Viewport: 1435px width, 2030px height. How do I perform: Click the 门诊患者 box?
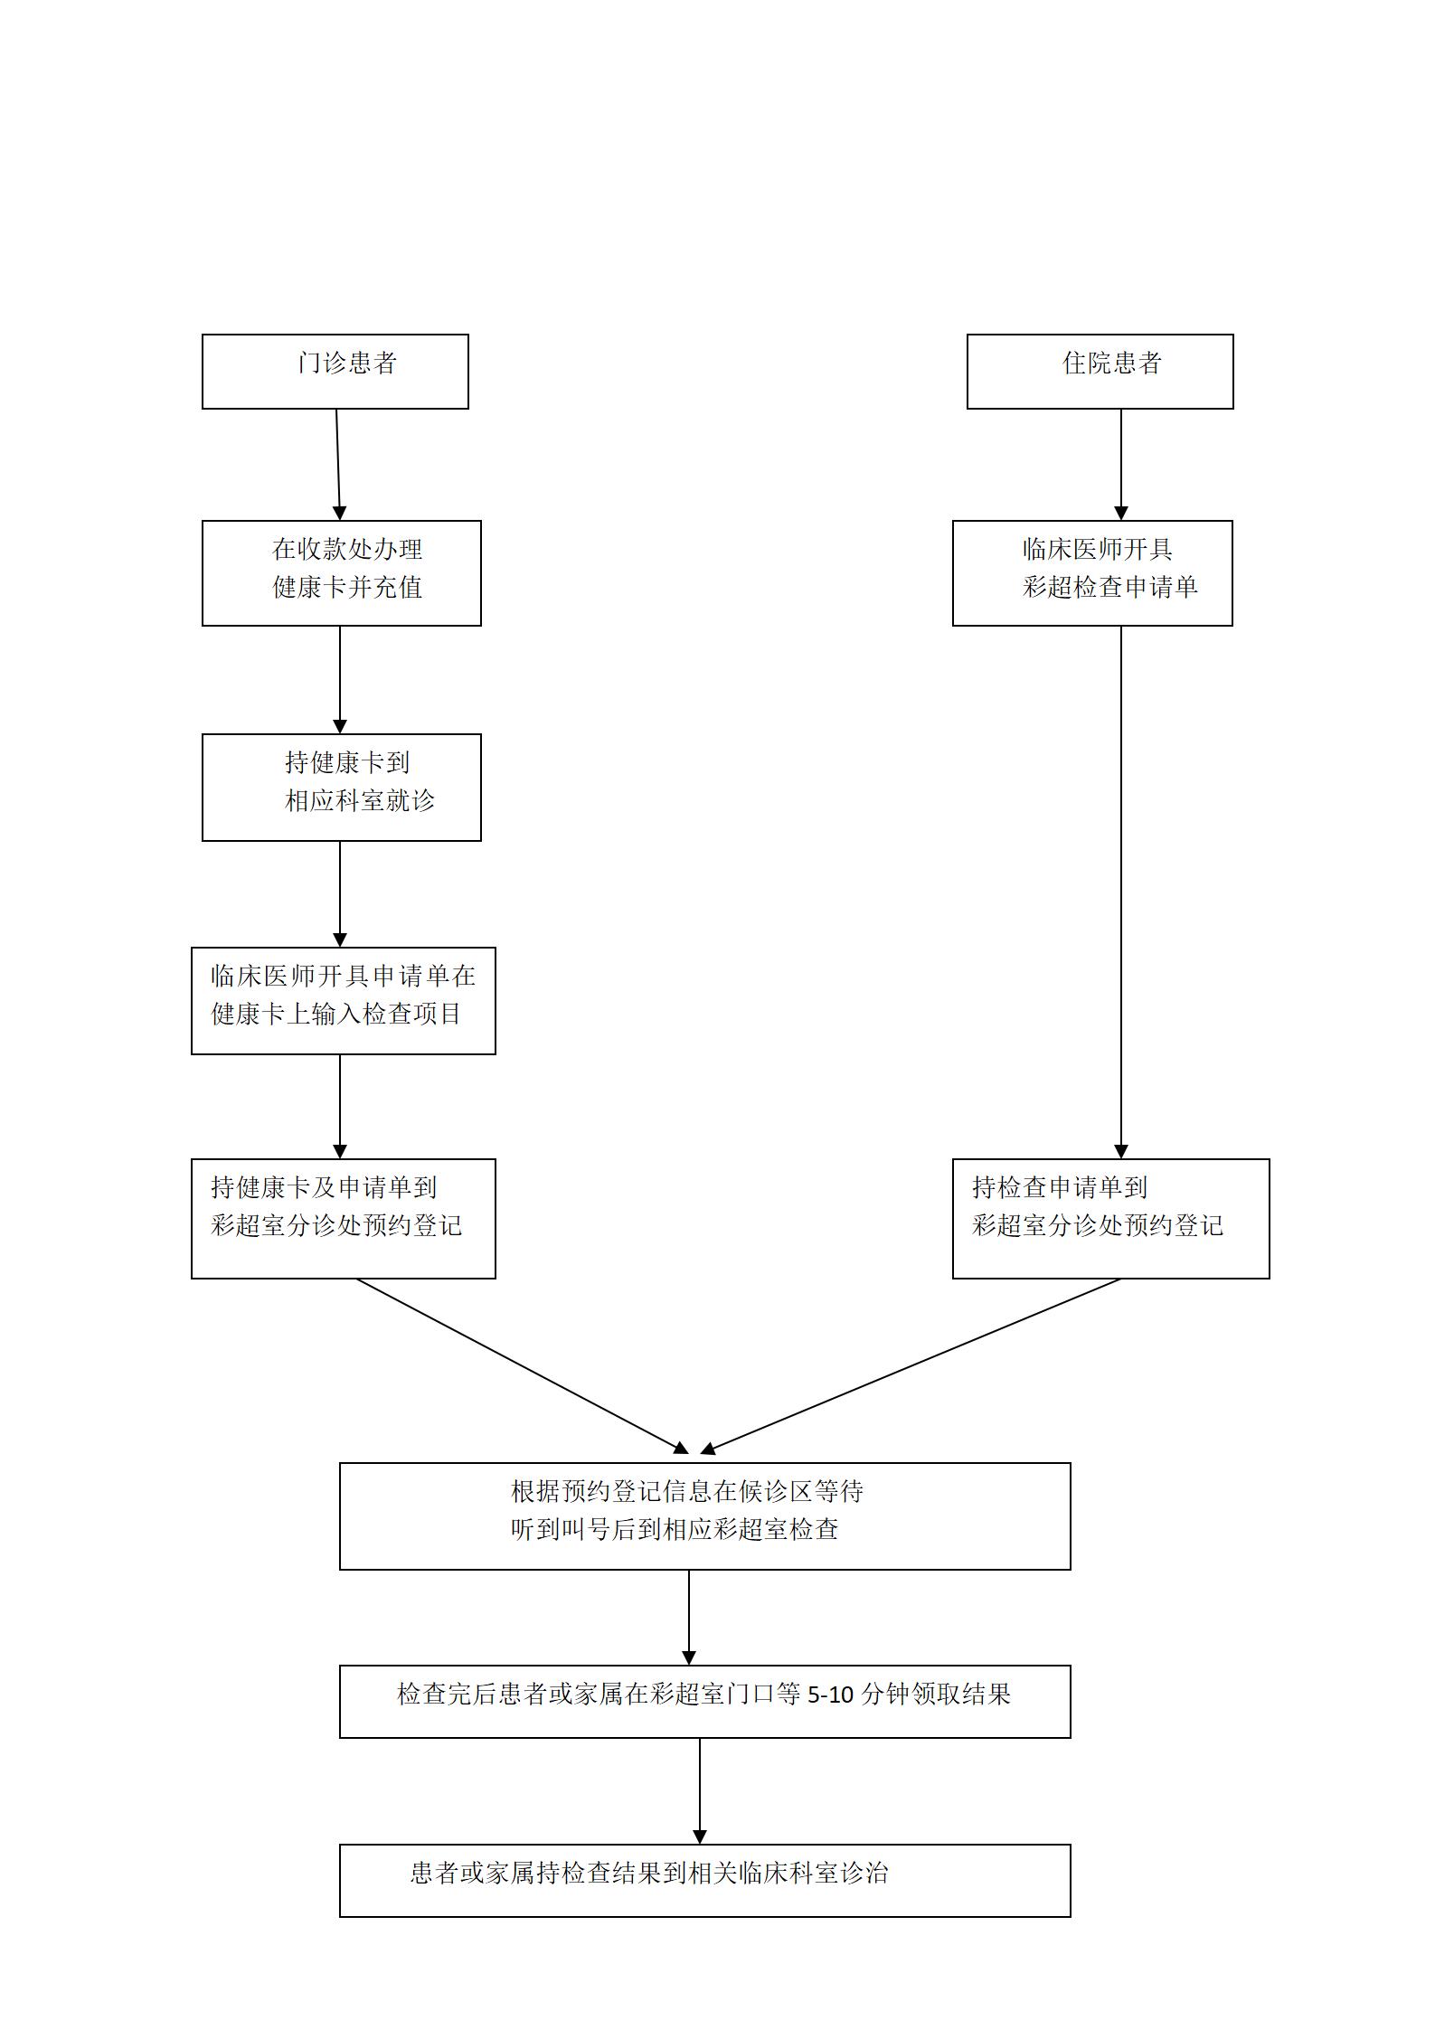(335, 371)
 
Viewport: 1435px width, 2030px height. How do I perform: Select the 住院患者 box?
(1100, 371)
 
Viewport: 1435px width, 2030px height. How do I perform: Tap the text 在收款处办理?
(347, 549)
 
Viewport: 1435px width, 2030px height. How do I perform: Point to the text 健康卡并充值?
(347, 588)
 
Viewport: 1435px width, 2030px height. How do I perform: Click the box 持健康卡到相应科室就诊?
(341, 787)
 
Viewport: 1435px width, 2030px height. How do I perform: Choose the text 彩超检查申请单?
(1109, 588)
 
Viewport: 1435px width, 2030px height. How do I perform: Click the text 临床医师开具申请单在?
(343, 976)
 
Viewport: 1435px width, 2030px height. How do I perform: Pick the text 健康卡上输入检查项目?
(336, 1015)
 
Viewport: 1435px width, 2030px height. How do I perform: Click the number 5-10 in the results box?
(830, 1695)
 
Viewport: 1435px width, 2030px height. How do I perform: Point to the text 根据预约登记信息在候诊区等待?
(686, 1491)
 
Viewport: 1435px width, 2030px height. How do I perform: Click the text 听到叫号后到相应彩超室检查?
(675, 1530)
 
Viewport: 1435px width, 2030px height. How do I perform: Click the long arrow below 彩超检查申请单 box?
(1120, 891)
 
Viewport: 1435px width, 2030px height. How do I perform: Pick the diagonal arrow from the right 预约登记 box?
(911, 1365)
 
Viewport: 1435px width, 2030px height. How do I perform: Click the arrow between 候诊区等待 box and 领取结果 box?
(689, 1617)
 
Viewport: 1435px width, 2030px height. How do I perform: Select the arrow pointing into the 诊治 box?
(700, 1790)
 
